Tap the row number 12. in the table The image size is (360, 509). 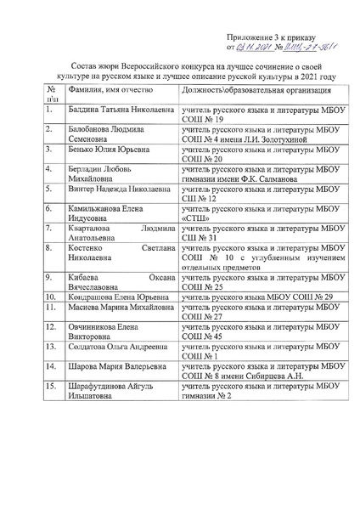pos(51,327)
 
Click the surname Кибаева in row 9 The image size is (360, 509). pos(85,278)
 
